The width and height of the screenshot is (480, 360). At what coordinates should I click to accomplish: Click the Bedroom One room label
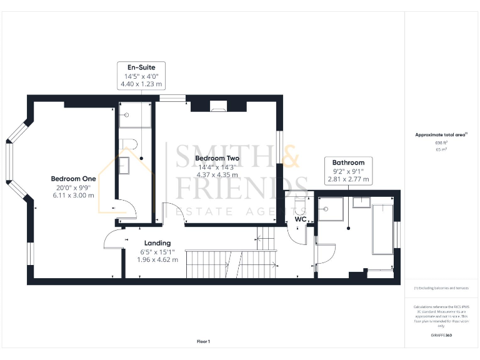[x=73, y=179]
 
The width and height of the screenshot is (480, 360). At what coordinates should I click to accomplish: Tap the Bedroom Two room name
[x=217, y=159]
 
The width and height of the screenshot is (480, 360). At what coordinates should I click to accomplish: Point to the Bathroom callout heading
[x=348, y=162]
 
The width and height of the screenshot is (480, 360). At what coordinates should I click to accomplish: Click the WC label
[x=299, y=219]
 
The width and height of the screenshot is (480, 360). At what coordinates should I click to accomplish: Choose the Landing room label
[x=157, y=243]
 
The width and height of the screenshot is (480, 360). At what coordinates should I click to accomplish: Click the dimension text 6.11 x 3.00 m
[x=73, y=195]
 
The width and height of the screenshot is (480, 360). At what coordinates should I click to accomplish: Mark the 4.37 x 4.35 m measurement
[x=217, y=174]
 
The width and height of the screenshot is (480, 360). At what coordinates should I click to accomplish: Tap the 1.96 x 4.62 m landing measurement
[x=157, y=259]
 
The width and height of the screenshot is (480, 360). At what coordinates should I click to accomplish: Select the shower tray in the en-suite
[x=134, y=115]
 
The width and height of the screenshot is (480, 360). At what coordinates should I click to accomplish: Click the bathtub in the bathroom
[x=382, y=231]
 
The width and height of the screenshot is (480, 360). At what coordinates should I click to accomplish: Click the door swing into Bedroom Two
[x=170, y=212]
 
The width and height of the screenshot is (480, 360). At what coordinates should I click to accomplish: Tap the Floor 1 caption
[x=204, y=341]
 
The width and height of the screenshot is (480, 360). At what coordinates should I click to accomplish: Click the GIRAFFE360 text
[x=441, y=336]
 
